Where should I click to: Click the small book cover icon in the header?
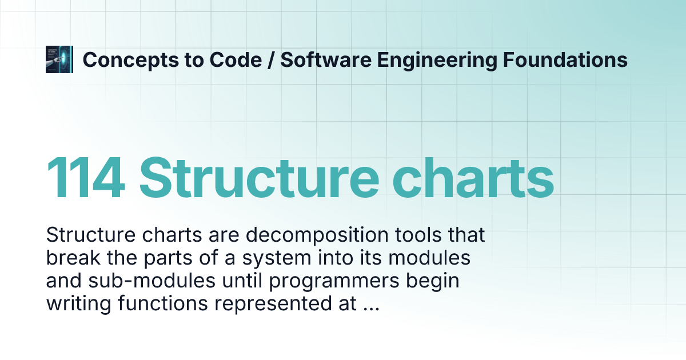point(59,59)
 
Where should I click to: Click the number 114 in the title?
point(86,177)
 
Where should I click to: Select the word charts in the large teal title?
point(470,177)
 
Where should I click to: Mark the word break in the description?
point(70,258)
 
